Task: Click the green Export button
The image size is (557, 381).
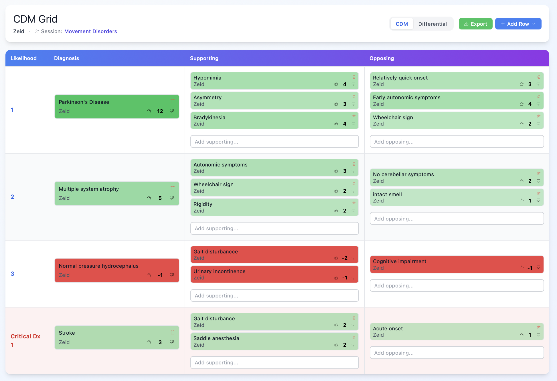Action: [x=475, y=24]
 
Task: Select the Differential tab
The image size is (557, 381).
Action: [x=432, y=24]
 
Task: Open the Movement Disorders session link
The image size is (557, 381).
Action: [x=90, y=31]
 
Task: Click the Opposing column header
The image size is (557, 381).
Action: [x=382, y=58]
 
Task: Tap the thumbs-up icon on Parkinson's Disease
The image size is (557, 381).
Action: [x=149, y=111]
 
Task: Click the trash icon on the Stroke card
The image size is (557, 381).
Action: [x=173, y=332]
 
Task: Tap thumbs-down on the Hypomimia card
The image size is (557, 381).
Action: [x=353, y=84]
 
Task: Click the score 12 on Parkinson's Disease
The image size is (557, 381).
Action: [x=160, y=111]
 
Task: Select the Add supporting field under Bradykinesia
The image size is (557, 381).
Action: [x=274, y=142]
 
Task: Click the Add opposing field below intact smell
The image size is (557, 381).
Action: [x=457, y=219]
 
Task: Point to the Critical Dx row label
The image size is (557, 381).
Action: [x=25, y=336]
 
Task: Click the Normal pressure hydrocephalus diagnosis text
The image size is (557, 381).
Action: [x=98, y=266]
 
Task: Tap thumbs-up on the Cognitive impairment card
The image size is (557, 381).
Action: [x=522, y=268]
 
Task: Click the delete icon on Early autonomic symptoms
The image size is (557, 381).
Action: [x=539, y=97]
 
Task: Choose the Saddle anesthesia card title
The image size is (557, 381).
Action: [x=216, y=338]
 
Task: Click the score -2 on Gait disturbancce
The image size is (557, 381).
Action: [x=345, y=258]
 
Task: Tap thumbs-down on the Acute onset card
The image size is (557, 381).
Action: [x=538, y=335]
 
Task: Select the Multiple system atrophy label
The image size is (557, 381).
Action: [x=89, y=189]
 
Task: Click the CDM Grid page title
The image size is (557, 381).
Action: [x=35, y=19]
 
